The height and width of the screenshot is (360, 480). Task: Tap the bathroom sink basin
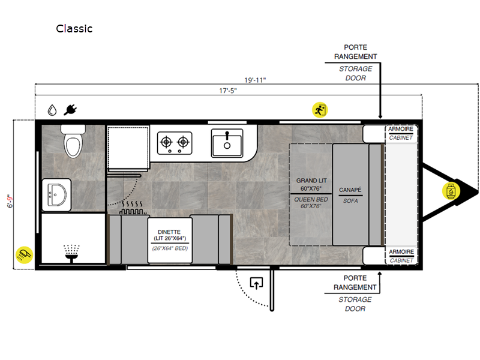[57, 195]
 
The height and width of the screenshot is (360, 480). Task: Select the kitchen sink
[227, 143]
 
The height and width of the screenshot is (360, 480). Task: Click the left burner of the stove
[166, 142]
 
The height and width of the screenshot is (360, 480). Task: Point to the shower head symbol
[71, 253]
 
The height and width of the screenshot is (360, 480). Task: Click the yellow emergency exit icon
[320, 110]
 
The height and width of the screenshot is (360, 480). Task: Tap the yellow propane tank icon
[451, 191]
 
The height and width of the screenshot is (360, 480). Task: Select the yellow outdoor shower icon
[25, 254]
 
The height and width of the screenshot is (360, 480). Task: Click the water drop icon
[52, 110]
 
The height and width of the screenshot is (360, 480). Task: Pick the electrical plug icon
[70, 110]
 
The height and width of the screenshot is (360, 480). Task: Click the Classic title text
[74, 28]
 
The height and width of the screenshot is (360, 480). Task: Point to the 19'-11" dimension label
[255, 80]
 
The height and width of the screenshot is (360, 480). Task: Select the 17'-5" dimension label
[228, 91]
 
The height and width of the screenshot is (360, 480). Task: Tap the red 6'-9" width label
[10, 201]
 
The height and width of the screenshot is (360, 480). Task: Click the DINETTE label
[169, 232]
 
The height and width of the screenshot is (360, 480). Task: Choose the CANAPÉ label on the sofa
[350, 190]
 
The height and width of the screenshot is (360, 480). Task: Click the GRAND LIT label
[311, 181]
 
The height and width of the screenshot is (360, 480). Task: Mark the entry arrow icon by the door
[257, 283]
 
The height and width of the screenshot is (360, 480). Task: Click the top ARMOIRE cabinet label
[401, 129]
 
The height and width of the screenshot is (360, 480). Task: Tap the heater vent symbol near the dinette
[133, 208]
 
